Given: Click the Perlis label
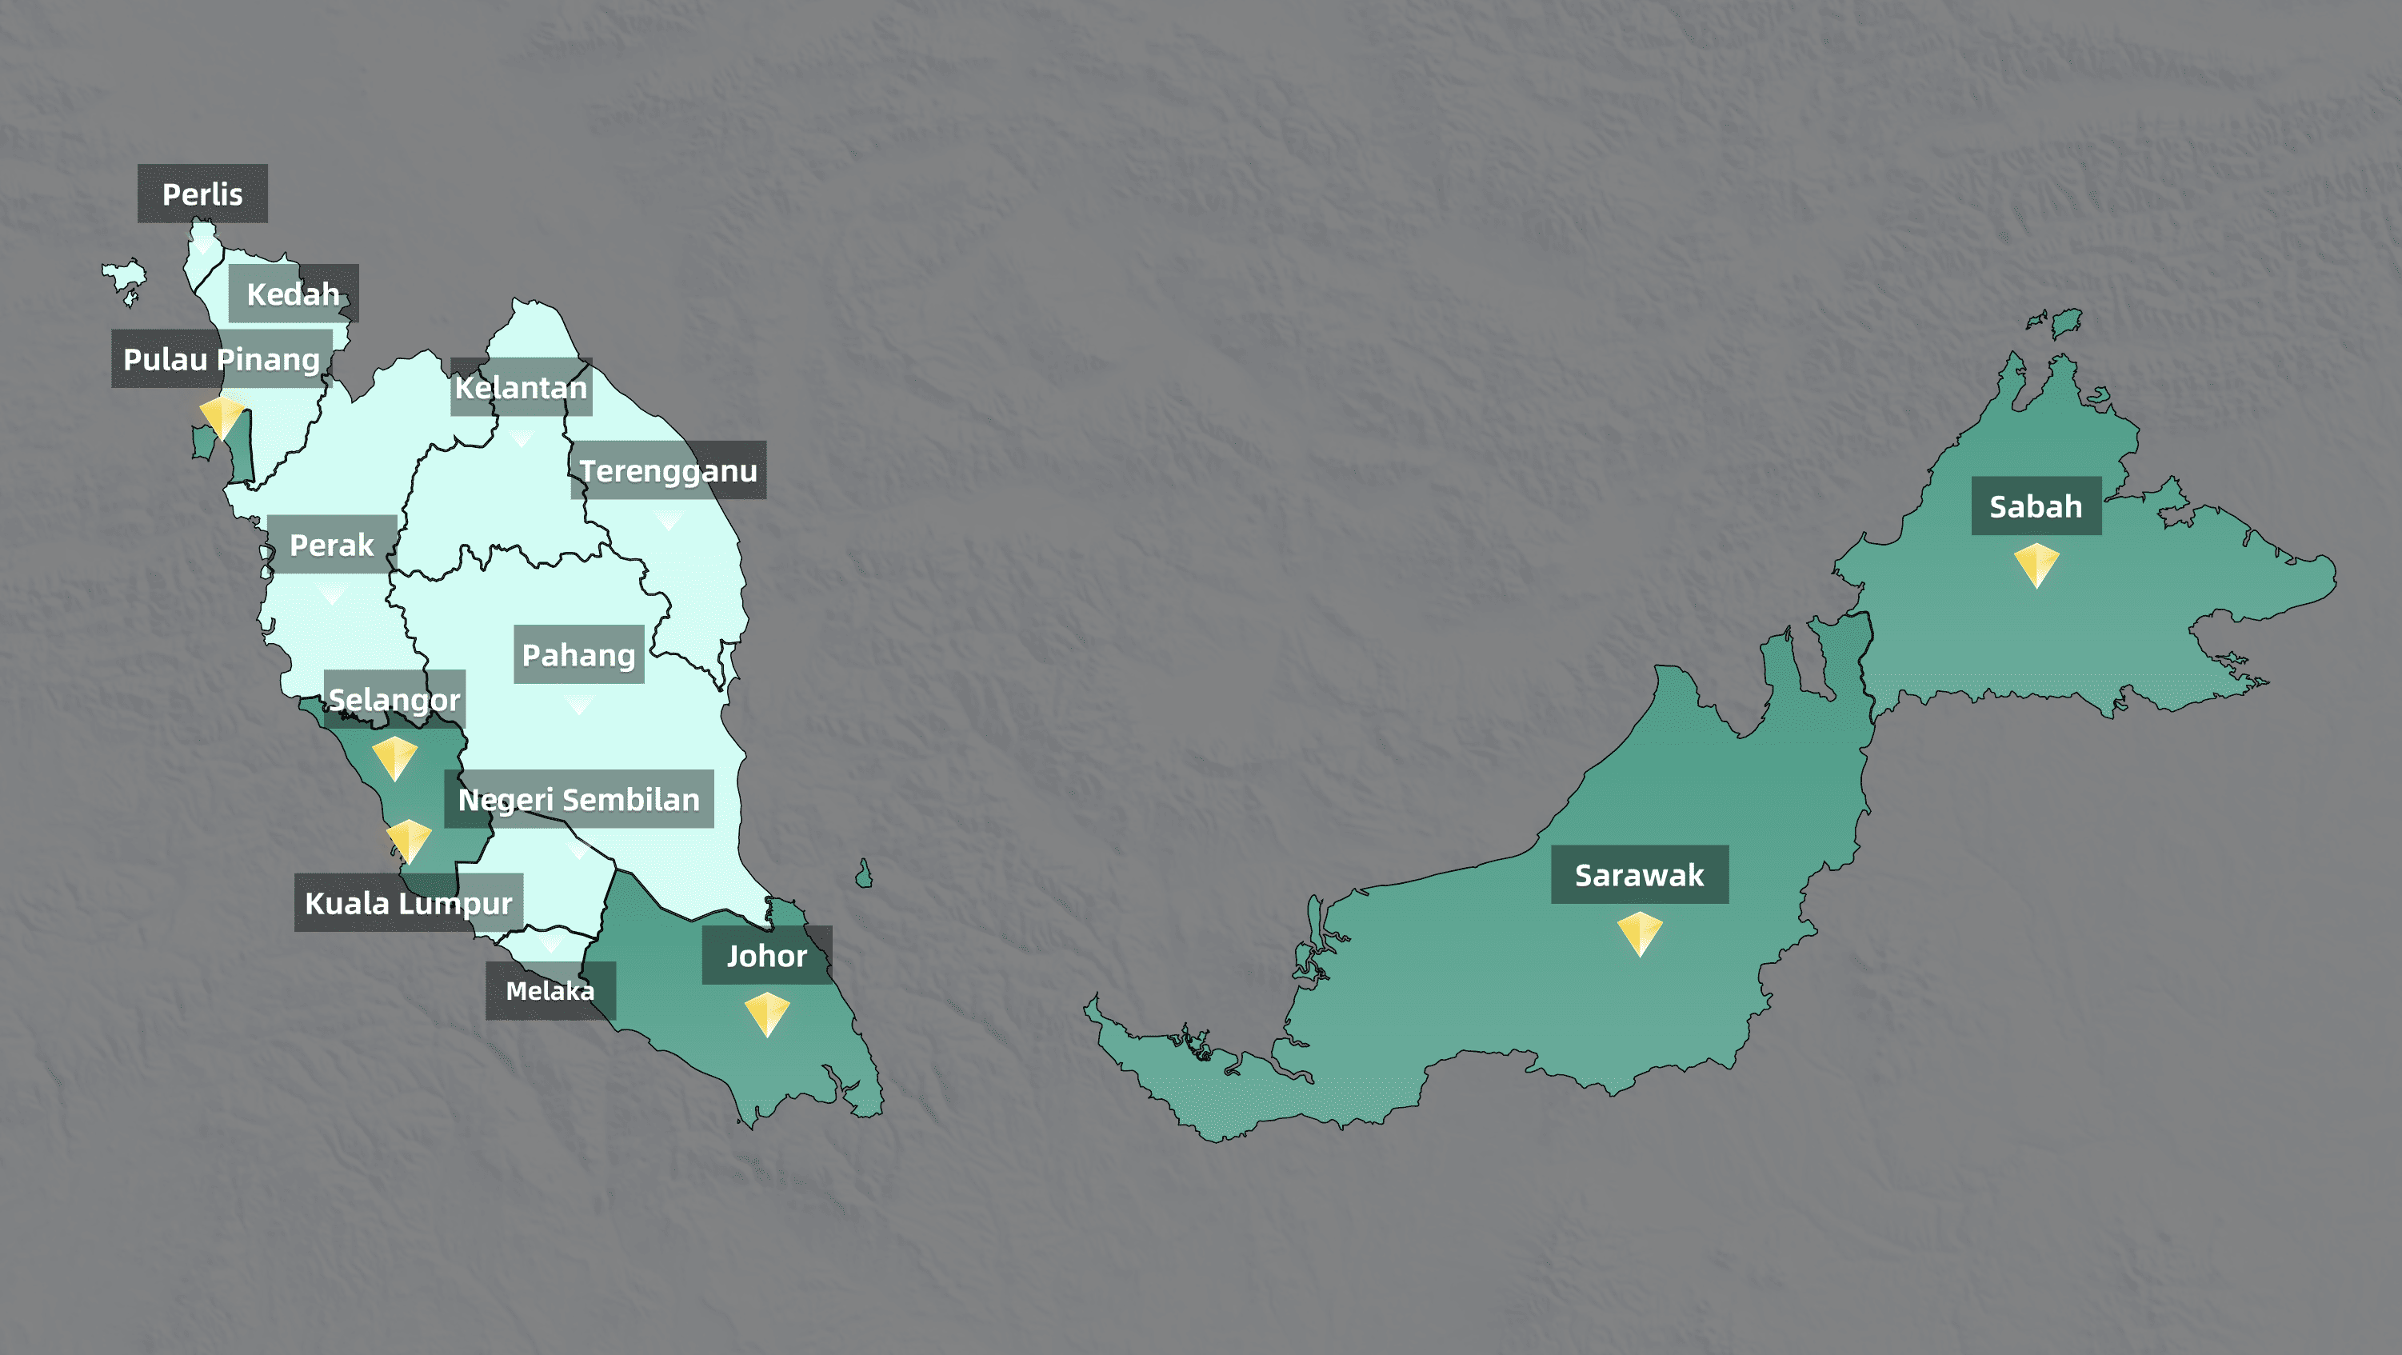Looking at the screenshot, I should coord(202,194).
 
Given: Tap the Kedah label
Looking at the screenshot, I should coord(293,294).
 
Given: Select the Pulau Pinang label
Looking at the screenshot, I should coord(222,359).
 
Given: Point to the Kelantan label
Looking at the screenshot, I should coord(522,387).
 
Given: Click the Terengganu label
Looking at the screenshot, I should coord(668,470).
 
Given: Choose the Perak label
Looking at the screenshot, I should coord(332,544).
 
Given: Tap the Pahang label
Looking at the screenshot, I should coord(578,654).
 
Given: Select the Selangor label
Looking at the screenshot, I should coord(394,698).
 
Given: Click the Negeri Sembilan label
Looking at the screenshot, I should coord(578,799).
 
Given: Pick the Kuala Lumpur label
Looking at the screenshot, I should coord(409,903).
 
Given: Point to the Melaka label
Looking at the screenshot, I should coord(550,990).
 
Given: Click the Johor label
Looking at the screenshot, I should coord(766,955).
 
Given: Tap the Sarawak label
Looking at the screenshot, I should coord(1639,875).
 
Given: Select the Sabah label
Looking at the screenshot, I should coord(2036,506).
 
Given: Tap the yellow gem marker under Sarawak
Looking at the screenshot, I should coord(1639,933).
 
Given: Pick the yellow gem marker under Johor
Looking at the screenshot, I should coord(766,1013).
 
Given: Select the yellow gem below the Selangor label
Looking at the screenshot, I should coord(394,757).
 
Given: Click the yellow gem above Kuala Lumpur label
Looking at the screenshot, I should coord(409,841).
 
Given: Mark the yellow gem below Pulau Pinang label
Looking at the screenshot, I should coord(222,416).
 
